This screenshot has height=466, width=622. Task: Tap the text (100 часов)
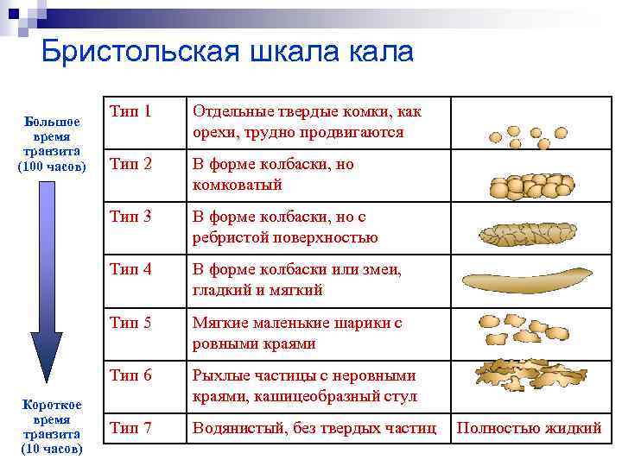(52, 166)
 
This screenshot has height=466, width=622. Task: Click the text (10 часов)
(52, 449)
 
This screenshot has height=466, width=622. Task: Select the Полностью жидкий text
(529, 428)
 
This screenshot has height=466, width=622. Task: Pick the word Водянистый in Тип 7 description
(235, 427)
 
